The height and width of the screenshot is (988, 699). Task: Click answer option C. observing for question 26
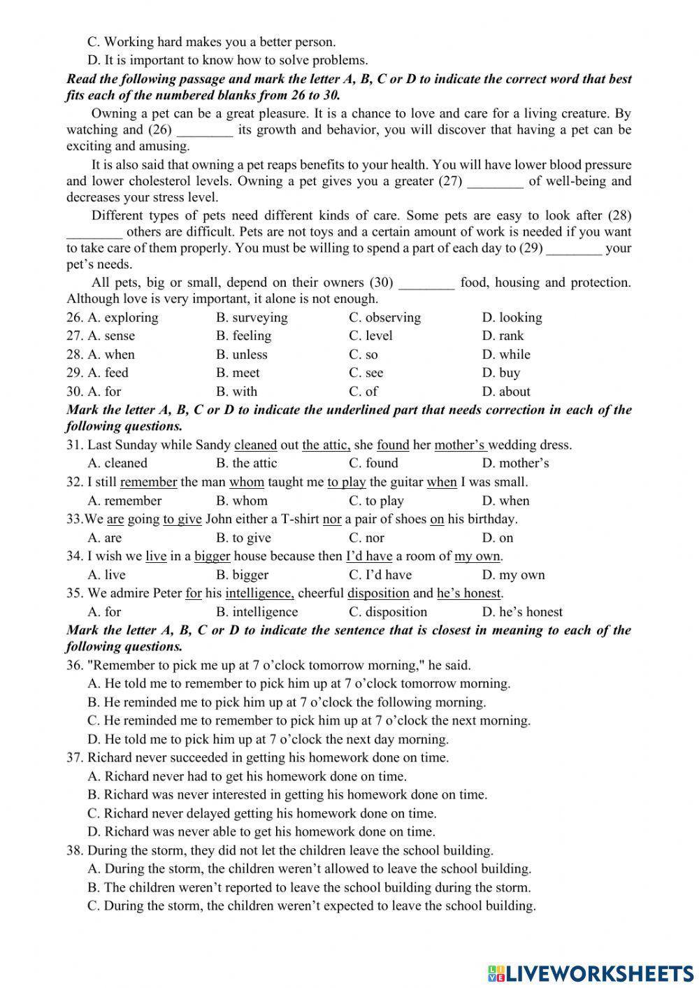(384, 317)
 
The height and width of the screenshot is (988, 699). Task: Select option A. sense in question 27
(111, 336)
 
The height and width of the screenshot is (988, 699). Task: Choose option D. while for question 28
(506, 355)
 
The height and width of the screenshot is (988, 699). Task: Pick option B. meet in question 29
(238, 373)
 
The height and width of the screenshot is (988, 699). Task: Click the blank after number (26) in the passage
(204, 130)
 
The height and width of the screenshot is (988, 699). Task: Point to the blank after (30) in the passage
(426, 283)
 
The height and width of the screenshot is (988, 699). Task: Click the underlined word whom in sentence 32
(247, 482)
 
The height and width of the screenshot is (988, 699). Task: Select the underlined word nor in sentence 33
(332, 519)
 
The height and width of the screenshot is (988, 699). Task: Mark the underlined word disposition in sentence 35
(378, 593)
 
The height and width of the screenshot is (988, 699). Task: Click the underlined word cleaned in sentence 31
(255, 445)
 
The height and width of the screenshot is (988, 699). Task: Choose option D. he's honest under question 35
(521, 612)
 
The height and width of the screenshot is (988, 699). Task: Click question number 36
(75, 665)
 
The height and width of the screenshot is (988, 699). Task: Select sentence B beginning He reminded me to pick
(287, 702)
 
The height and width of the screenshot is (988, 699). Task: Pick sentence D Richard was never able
(261, 831)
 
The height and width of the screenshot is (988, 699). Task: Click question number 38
(75, 850)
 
